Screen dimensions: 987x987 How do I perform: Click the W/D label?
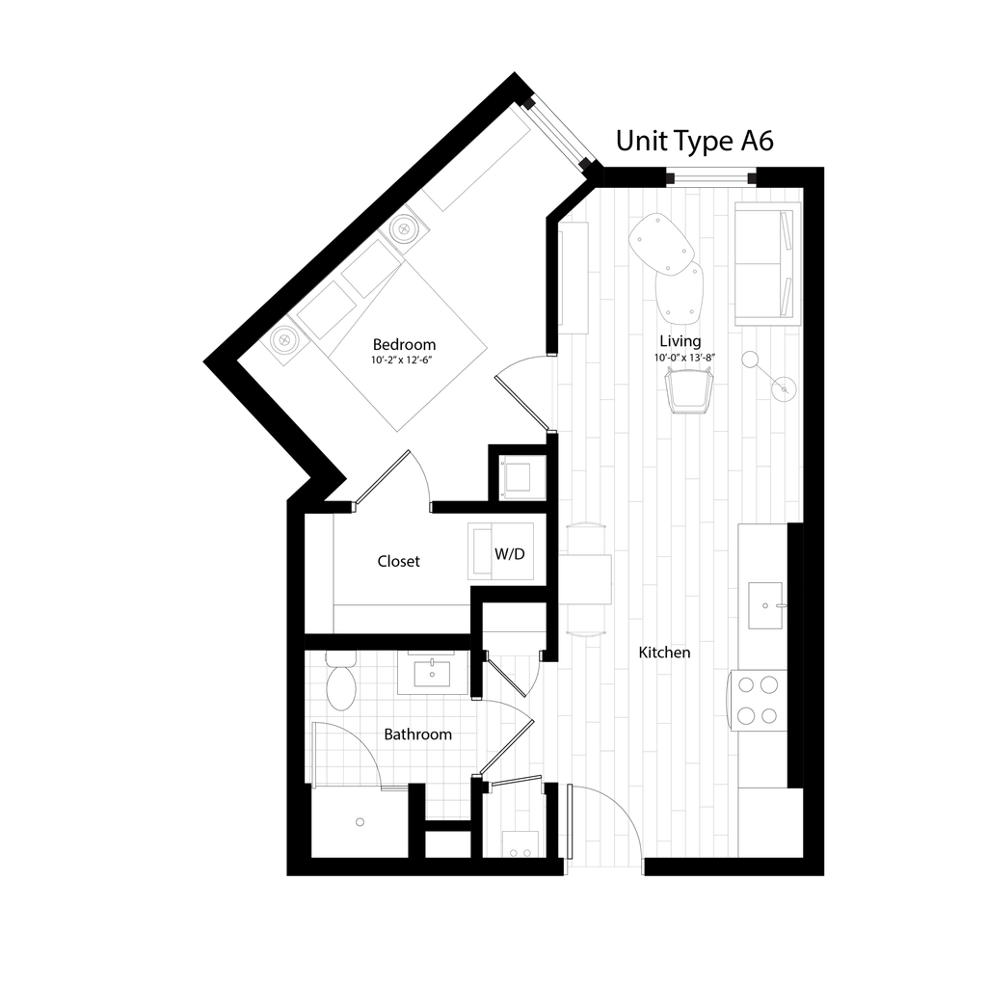click(509, 554)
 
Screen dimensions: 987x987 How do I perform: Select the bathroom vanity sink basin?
click(433, 672)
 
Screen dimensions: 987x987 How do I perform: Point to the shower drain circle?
click(360, 821)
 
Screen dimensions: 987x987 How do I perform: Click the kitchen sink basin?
click(767, 605)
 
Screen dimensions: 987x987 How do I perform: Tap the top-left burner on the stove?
click(746, 685)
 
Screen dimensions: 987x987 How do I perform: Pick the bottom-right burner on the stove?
click(769, 715)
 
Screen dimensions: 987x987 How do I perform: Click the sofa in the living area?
click(765, 263)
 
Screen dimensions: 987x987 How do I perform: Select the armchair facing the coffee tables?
click(688, 392)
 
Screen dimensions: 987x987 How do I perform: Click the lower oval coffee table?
click(680, 293)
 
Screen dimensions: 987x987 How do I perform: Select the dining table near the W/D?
click(584, 578)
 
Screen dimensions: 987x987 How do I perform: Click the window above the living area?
click(711, 176)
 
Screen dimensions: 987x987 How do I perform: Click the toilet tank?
click(340, 658)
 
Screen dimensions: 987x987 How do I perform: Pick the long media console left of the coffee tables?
click(574, 278)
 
